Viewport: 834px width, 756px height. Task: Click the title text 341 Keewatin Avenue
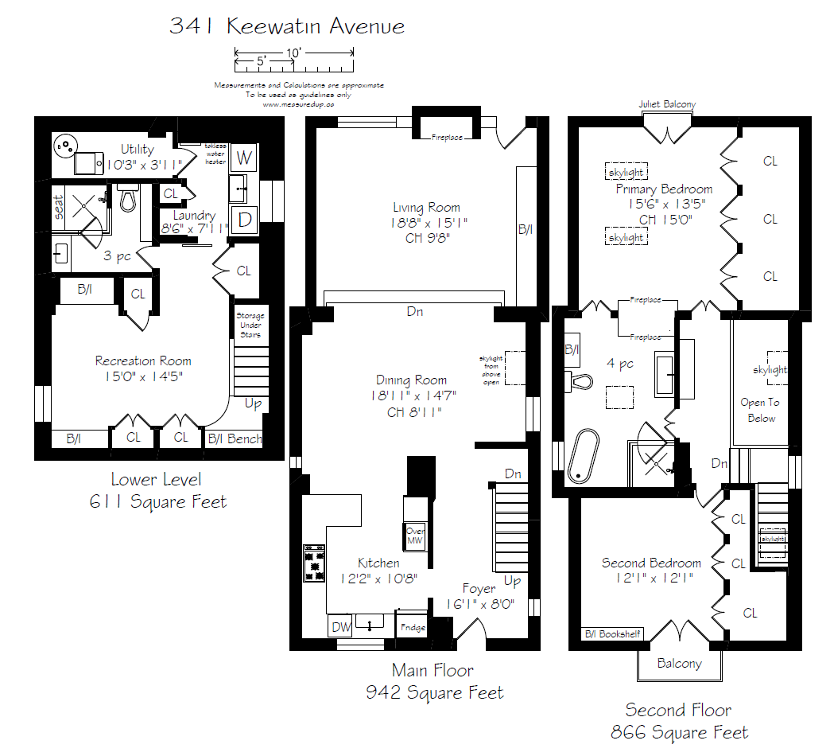(x=287, y=26)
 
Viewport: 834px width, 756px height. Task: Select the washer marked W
(x=244, y=158)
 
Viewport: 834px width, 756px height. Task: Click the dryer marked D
(x=244, y=219)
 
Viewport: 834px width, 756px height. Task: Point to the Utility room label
(x=137, y=150)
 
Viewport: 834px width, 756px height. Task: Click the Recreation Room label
(x=143, y=361)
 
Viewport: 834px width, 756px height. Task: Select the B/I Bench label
(x=235, y=438)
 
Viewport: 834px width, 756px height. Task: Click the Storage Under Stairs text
(x=250, y=325)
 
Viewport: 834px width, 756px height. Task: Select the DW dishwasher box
(x=340, y=628)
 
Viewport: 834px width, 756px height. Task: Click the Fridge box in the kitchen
(x=413, y=628)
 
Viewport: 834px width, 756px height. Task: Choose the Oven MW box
(x=415, y=536)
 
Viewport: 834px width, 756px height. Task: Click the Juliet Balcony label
(x=667, y=104)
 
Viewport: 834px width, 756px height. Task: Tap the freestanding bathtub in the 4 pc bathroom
(x=585, y=455)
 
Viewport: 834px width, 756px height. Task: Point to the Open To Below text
(x=760, y=410)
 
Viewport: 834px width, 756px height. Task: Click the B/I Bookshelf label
(x=612, y=634)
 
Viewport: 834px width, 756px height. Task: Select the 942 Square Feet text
(x=434, y=692)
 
